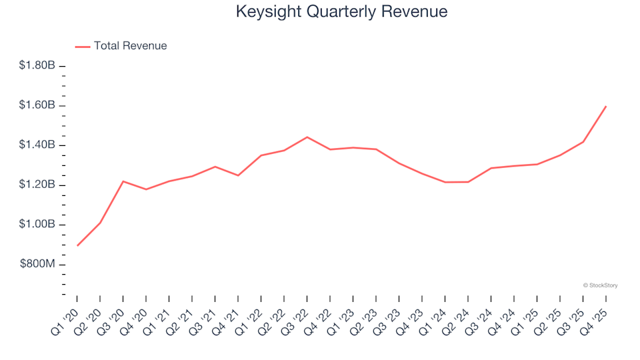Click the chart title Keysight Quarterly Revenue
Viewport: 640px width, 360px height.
(341, 12)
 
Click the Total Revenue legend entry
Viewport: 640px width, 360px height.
(130, 46)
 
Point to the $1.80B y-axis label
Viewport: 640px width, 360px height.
(37, 65)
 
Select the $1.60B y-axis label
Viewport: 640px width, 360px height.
(37, 105)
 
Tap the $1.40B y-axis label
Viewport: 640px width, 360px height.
(37, 145)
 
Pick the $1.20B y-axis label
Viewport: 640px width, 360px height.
(37, 185)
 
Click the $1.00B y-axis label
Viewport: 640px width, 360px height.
(37, 225)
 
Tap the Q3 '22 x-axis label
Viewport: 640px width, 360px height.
(297, 313)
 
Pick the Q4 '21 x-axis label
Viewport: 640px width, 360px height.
(227, 313)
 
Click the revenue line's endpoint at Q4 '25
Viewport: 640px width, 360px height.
(605, 106)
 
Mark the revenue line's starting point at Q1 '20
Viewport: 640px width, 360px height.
(77, 245)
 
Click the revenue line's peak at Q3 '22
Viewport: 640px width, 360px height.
(307, 137)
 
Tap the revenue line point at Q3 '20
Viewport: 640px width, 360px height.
(123, 181)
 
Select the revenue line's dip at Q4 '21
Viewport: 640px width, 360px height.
(238, 175)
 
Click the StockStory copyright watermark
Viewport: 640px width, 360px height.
(600, 285)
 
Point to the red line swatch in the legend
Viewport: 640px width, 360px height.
(83, 47)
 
